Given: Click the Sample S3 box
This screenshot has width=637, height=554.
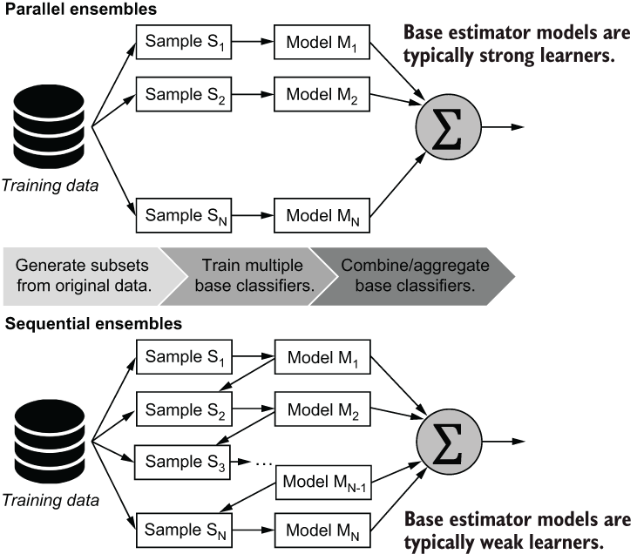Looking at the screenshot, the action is [182, 463].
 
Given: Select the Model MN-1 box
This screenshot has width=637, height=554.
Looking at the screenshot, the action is [323, 483].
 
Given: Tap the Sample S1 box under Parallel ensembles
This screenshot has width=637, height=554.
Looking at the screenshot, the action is [184, 42].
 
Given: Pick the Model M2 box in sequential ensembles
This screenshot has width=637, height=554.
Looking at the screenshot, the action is [322, 409].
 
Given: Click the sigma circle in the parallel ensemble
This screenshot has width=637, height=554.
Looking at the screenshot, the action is [448, 127].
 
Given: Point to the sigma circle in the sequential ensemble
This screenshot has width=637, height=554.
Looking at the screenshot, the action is [449, 442].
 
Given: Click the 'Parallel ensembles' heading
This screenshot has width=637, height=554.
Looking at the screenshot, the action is [80, 9].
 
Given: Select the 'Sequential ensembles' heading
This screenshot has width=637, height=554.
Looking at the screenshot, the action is [93, 324].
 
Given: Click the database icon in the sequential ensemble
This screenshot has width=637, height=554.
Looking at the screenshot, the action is [50, 441].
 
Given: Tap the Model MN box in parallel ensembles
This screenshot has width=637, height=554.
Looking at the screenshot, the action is [322, 215].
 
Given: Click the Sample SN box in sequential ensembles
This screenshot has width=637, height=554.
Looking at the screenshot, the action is [184, 530].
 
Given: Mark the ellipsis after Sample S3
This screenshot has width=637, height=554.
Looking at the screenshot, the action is [264, 463].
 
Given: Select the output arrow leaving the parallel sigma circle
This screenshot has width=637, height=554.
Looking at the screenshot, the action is [503, 127].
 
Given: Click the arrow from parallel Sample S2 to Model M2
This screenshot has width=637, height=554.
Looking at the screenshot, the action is [253, 94].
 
